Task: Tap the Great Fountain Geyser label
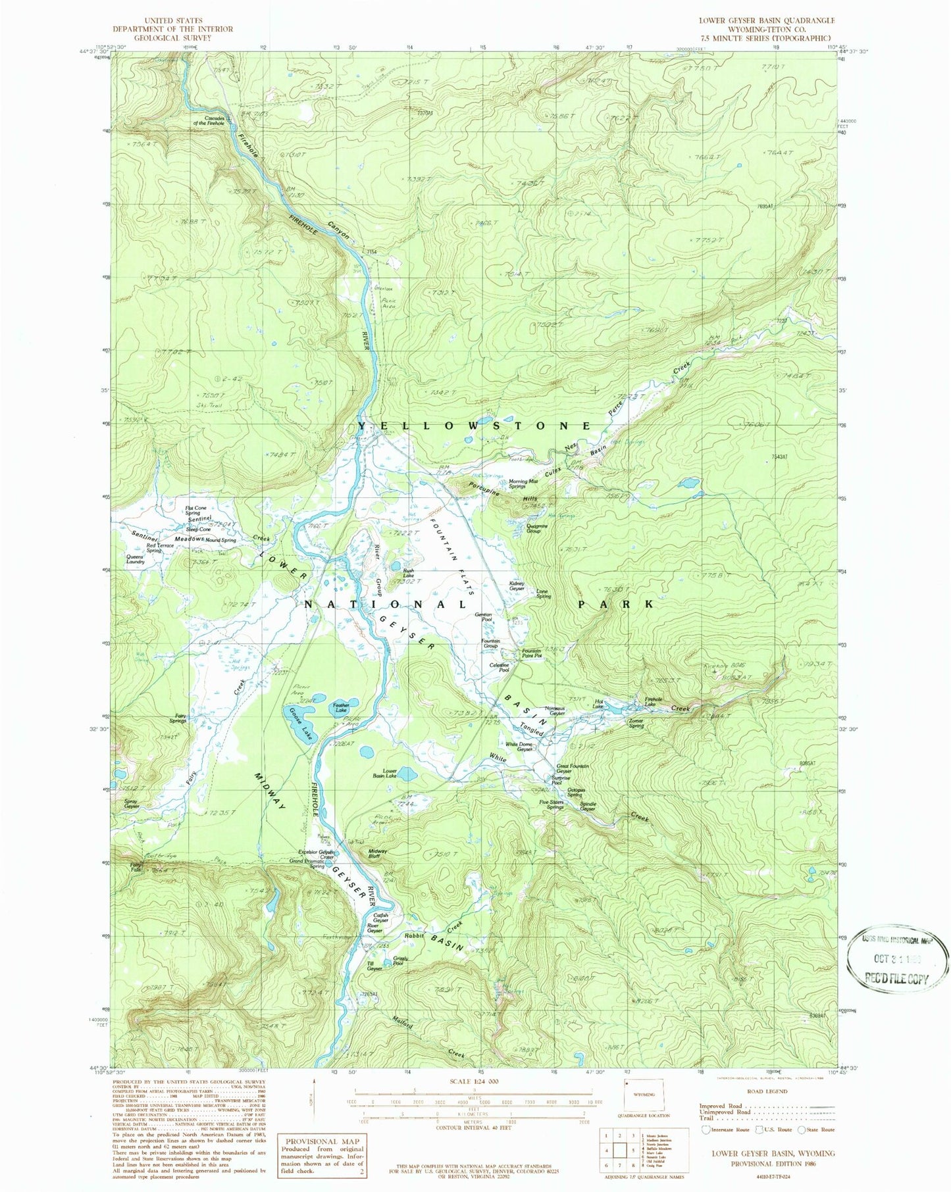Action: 573,768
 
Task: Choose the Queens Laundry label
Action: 136,559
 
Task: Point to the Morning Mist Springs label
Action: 527,484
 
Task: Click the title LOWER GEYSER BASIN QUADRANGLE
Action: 757,21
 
